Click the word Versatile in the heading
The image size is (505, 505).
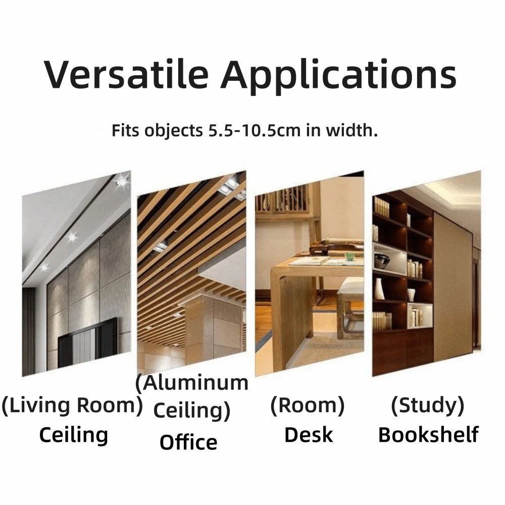tap(126, 74)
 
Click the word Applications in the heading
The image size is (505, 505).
tap(338, 76)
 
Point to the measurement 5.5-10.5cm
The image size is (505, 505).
tap(255, 130)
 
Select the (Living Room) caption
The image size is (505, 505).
tap(72, 405)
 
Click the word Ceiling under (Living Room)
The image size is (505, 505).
tap(73, 435)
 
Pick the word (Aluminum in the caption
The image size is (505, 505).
tap(192, 383)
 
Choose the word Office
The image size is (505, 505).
tap(188, 442)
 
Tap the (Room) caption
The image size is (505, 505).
tap(308, 405)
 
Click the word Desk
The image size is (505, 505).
tap(309, 435)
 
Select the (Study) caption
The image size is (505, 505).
tap(428, 405)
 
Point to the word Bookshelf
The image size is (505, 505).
tap(428, 435)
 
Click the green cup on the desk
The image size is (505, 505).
tap(349, 257)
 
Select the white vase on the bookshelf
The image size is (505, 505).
tap(379, 289)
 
